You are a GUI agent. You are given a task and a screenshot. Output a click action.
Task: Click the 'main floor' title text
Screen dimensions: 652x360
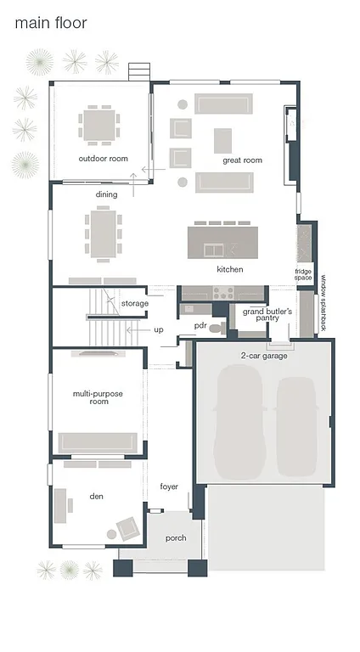tap(50, 24)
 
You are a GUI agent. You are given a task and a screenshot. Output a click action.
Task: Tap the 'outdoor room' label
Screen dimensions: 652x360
tap(103, 159)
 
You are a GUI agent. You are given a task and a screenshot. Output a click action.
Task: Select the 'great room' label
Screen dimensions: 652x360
tap(242, 160)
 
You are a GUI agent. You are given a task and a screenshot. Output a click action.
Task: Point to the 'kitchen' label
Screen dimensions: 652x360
tap(229, 269)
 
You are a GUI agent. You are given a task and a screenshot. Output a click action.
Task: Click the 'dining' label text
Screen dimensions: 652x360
tap(106, 194)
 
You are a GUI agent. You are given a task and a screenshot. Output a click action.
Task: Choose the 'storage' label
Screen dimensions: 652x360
tap(134, 303)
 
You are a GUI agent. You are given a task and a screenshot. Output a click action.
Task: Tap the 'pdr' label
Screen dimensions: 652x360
tap(200, 325)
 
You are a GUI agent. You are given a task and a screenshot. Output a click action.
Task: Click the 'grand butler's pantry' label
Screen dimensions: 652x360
tap(267, 316)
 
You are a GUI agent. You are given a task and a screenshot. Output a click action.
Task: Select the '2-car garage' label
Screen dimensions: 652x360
tap(263, 355)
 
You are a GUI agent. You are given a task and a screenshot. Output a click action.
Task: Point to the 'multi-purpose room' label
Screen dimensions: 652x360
tap(93, 396)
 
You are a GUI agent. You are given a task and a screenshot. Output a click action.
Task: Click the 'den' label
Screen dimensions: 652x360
tap(96, 495)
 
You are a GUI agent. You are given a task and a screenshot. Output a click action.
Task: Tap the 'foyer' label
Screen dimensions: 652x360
tap(169, 486)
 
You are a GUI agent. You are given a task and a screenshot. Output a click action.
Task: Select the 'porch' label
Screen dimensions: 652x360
tap(176, 537)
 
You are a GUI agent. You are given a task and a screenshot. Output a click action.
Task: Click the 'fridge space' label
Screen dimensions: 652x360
tap(303, 274)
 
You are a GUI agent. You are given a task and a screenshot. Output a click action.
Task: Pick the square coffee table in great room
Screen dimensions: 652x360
tap(222, 139)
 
